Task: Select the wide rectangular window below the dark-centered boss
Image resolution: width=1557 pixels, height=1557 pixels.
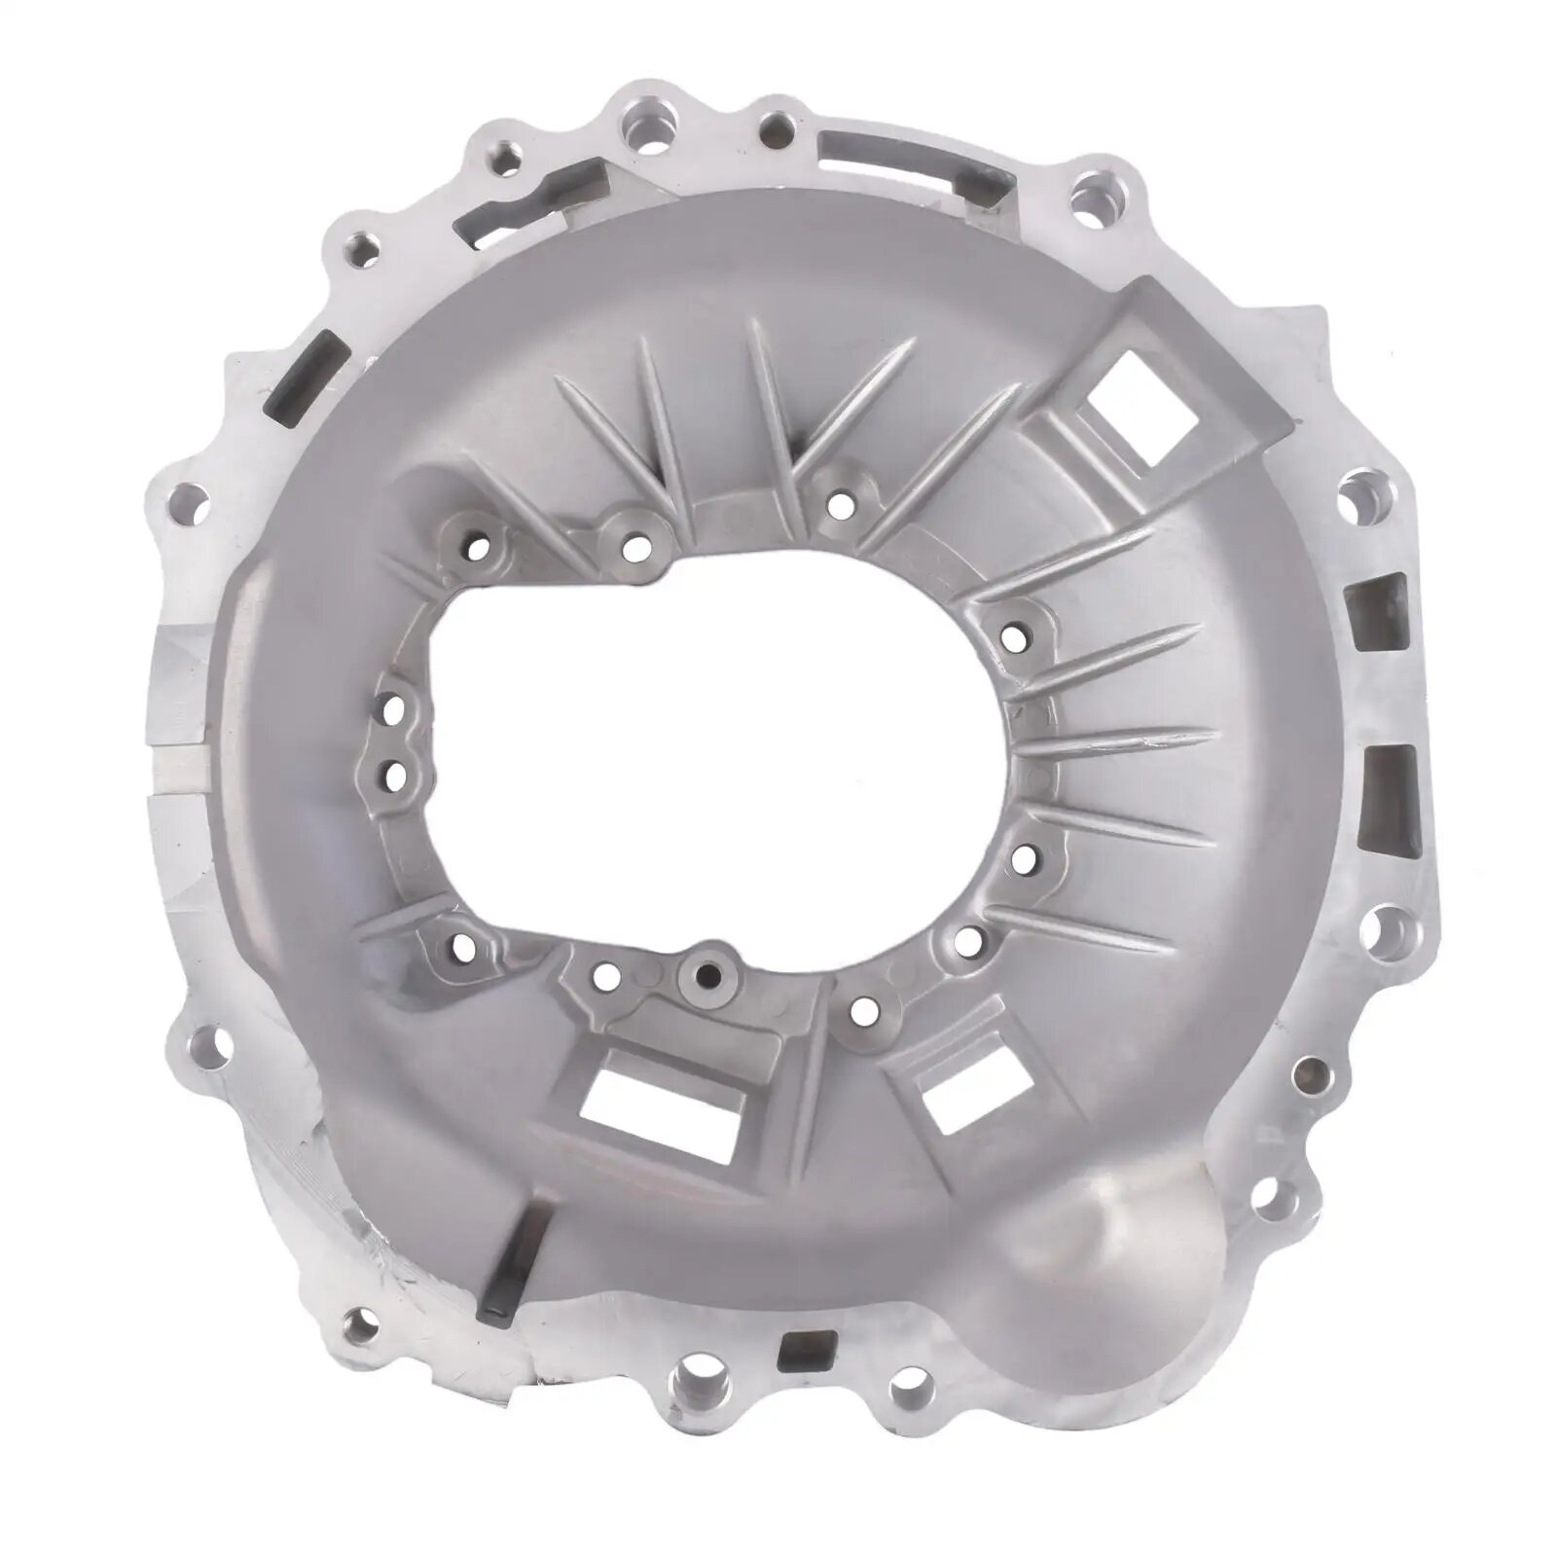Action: tap(671, 1104)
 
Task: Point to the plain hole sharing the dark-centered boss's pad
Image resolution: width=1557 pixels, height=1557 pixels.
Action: tap(606, 975)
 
